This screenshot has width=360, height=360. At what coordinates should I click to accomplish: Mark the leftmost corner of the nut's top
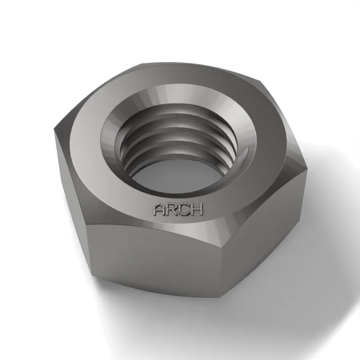pyautogui.click(x=54, y=128)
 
